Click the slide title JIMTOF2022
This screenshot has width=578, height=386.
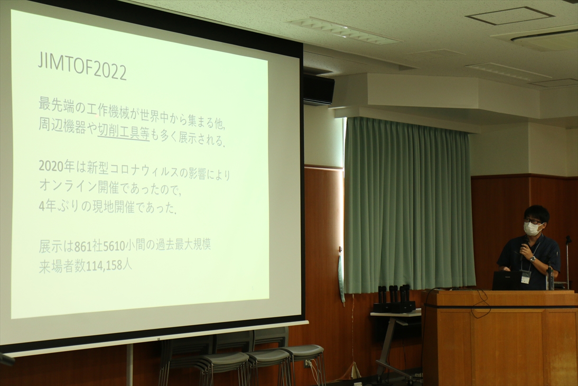(82, 68)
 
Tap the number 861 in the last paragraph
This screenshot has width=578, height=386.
(83, 247)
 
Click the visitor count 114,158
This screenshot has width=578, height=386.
(104, 266)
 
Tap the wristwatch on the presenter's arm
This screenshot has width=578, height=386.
(532, 259)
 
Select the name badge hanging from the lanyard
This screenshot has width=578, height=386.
(525, 276)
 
